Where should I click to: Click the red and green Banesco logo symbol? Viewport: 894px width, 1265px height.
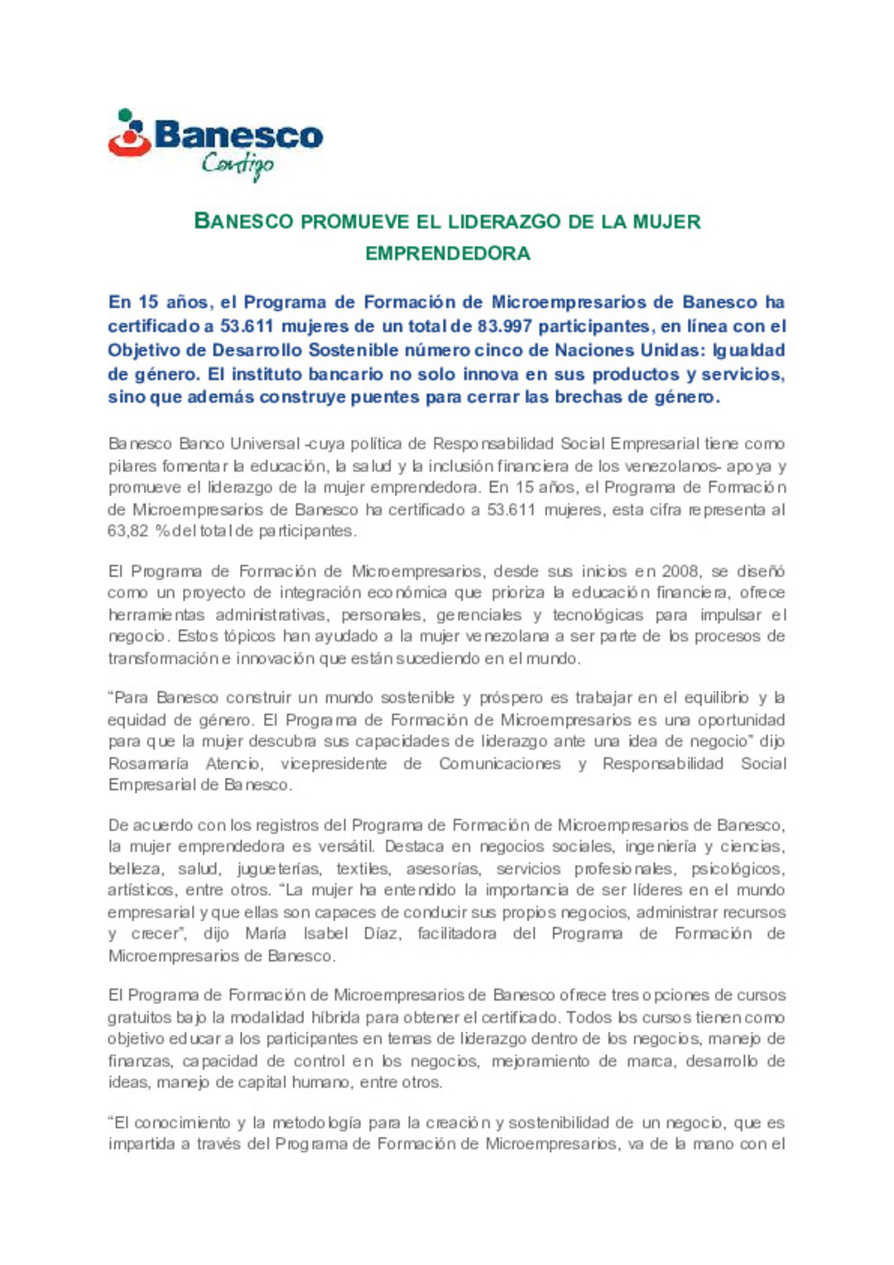coord(128,134)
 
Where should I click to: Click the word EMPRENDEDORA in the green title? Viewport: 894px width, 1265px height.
coord(447,253)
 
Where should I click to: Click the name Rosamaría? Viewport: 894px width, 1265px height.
coord(148,763)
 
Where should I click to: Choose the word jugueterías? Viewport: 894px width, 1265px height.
coord(278,868)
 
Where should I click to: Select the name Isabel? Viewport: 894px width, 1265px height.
coord(325,934)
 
